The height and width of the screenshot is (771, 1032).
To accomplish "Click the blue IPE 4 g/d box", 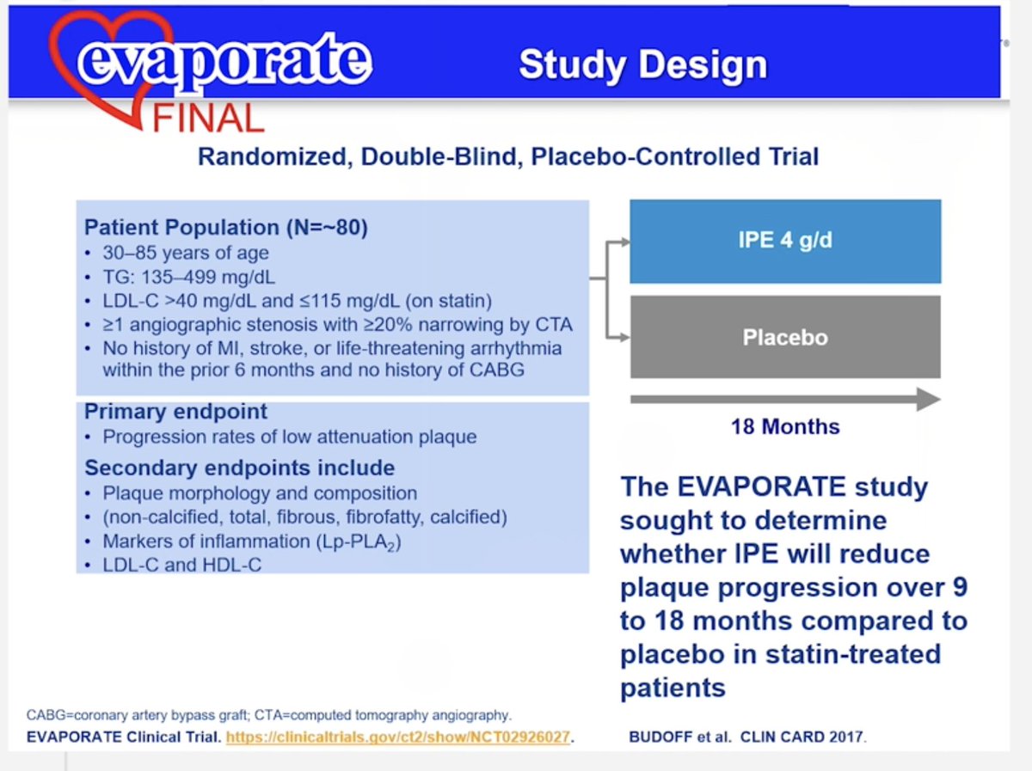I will coord(785,241).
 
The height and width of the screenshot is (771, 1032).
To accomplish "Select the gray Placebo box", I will coord(785,337).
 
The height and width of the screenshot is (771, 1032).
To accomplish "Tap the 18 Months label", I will coord(785,426).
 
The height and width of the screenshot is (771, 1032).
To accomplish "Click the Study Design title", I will coord(642,65).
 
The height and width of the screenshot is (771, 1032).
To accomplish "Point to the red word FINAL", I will coord(208,117).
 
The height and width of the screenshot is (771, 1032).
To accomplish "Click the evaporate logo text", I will coord(224,61).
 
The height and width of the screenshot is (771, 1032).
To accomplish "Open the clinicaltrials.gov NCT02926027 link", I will coord(399,737).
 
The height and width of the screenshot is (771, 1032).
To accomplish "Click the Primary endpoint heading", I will coord(175,411).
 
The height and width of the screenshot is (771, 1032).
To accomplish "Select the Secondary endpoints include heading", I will coord(239,468).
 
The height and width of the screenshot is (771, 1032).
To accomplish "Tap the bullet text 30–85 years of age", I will coord(185,253).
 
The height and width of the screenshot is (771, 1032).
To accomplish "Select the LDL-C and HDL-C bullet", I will coord(181,565).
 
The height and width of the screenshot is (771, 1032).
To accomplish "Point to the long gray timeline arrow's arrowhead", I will coord(927,399).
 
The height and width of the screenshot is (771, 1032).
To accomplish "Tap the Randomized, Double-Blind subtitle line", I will coord(507,157).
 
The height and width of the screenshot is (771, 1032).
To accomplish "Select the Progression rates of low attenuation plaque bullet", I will coord(289,437).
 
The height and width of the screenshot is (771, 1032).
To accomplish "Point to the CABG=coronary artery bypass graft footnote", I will coord(269,715).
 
